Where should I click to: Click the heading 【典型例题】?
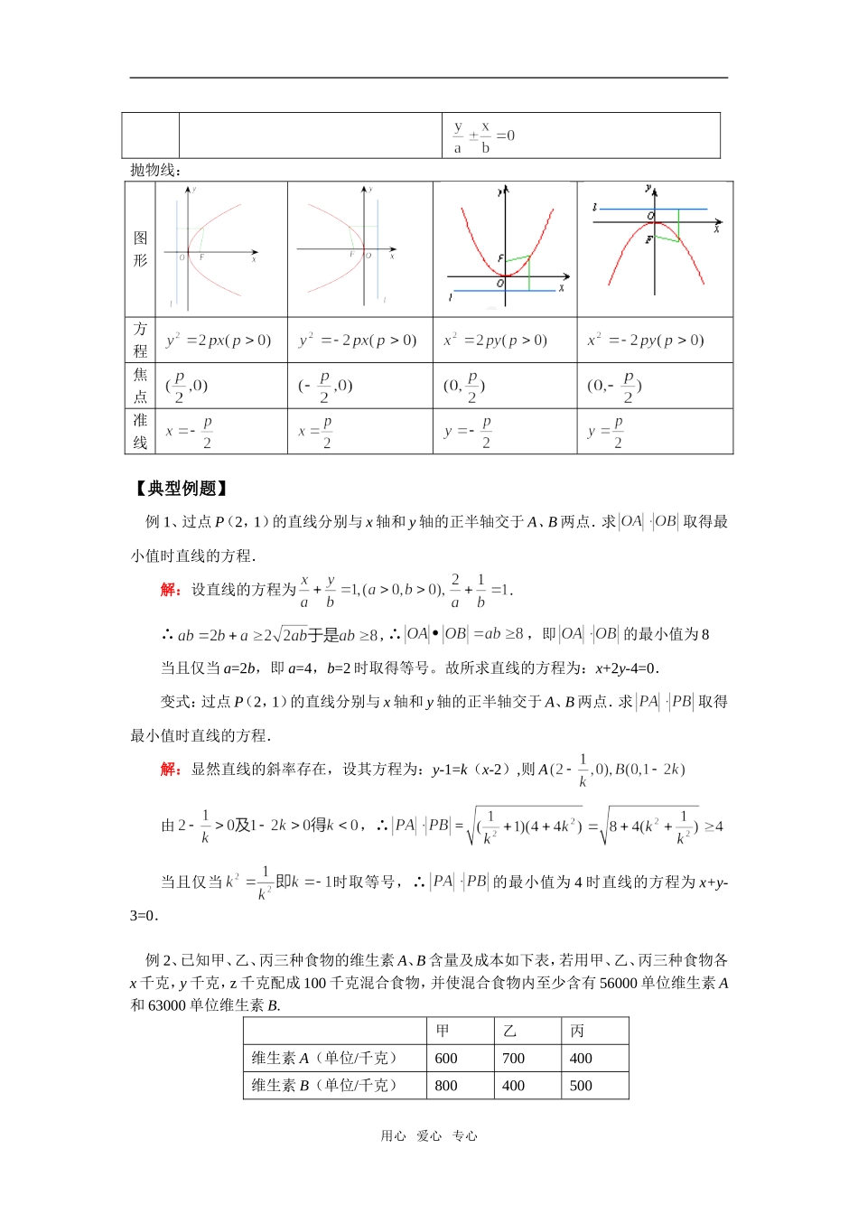point(181,489)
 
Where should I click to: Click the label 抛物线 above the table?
point(155,170)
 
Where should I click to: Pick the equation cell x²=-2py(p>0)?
point(645,341)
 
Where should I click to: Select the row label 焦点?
point(140,386)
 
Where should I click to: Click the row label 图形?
point(140,249)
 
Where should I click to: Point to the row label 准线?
point(140,432)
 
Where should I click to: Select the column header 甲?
point(443,1031)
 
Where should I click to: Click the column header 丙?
point(577,1031)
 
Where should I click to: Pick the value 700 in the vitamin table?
point(513,1059)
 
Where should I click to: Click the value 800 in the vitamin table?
point(446,1086)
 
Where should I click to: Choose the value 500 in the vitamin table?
point(581,1086)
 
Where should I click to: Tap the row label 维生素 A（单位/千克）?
point(324,1059)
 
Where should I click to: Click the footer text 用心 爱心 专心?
point(428,1136)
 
